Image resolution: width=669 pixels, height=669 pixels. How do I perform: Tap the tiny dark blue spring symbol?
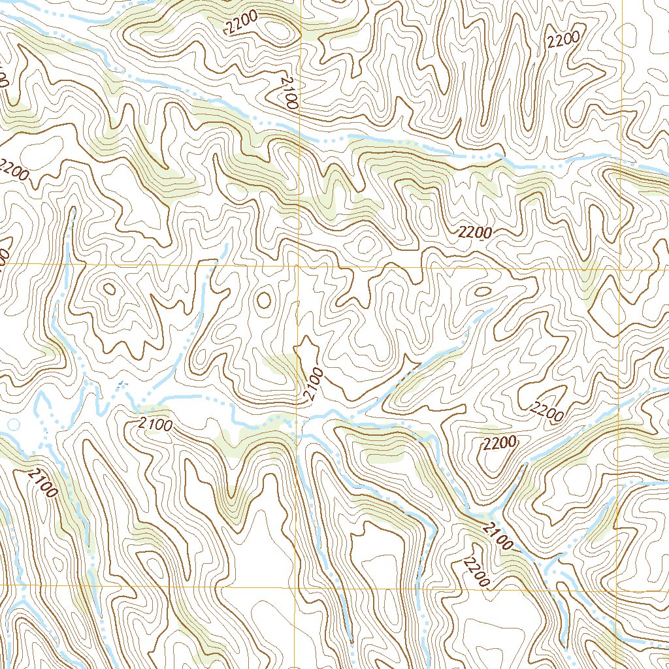[120, 384]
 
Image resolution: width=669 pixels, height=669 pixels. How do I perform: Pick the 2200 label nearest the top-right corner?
[564, 41]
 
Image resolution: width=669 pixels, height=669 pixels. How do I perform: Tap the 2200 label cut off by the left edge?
[13, 170]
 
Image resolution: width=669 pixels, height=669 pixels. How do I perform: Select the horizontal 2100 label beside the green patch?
[155, 426]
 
